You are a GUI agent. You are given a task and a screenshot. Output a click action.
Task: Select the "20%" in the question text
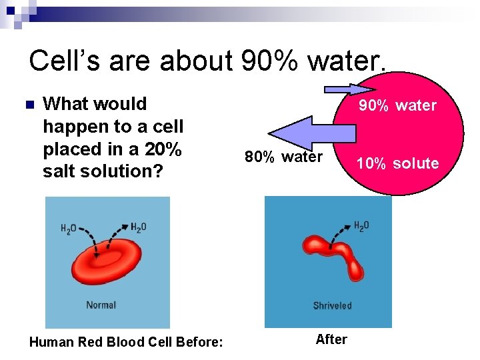click(163, 149)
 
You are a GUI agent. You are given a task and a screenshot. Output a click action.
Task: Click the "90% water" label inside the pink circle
click(397, 105)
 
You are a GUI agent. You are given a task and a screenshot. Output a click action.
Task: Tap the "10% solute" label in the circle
click(397, 163)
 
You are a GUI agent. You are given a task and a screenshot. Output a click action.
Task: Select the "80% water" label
click(283, 157)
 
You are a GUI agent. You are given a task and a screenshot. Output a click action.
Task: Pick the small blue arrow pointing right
click(341, 89)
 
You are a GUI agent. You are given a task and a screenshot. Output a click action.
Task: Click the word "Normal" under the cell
click(101, 305)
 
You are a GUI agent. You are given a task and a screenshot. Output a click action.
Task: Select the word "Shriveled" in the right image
click(332, 306)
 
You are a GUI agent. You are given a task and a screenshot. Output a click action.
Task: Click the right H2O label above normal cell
click(139, 227)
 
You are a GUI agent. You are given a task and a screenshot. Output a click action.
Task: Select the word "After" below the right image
click(331, 339)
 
